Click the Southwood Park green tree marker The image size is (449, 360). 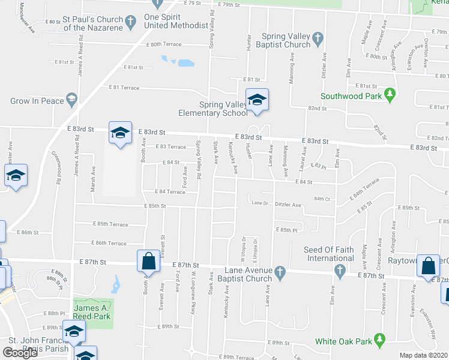pos(390,95)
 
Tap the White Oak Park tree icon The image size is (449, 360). pos(379,341)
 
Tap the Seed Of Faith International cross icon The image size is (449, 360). pos(339,271)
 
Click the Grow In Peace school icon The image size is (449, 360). pos(71,101)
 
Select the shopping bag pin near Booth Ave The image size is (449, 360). pos(148,262)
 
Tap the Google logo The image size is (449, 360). pos(20,353)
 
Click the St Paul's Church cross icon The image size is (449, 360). pos(129,23)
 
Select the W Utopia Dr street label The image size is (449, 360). pos(244,247)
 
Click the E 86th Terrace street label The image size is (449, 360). pos(109,243)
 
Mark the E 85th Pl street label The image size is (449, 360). pos(287,230)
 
